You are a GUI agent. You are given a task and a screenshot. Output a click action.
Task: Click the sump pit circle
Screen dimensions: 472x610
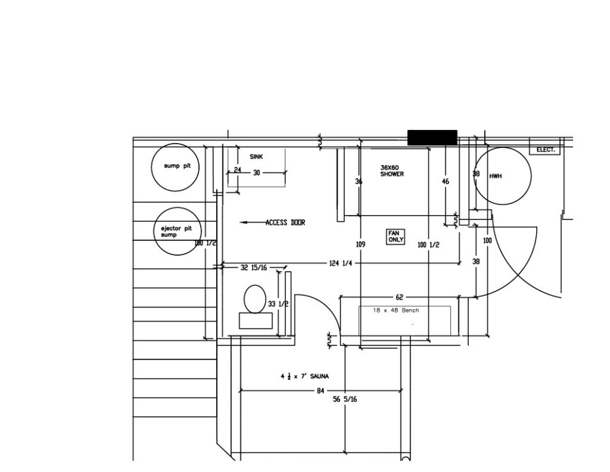point(176,167)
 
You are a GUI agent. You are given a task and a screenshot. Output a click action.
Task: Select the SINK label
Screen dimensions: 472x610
point(256,157)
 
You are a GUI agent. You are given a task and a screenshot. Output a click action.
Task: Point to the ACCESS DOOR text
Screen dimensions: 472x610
point(285,222)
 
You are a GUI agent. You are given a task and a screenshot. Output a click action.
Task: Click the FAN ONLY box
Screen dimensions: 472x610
point(395,237)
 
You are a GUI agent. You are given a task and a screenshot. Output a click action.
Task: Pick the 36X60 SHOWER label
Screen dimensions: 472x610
point(392,171)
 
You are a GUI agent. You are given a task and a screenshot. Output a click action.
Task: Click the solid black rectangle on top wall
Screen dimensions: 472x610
point(432,137)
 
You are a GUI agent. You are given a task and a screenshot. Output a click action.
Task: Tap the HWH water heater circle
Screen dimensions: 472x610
point(503,176)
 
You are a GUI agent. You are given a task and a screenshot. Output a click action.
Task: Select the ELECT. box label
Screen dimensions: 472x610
point(545,150)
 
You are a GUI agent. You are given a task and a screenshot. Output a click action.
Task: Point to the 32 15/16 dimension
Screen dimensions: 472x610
point(253,267)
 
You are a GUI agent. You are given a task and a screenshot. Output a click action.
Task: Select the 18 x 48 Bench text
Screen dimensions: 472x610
point(396,311)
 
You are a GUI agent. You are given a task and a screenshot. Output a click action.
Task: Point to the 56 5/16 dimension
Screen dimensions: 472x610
point(344,399)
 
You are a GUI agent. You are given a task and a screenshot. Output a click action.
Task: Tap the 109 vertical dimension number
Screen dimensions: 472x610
point(360,245)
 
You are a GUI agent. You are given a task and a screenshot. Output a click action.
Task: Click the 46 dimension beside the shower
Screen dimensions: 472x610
point(445,182)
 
